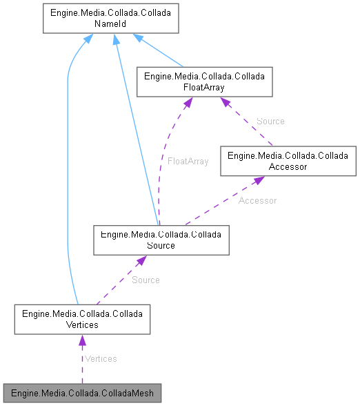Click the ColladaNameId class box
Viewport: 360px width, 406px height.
(111, 19)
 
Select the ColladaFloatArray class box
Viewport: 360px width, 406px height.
(205, 81)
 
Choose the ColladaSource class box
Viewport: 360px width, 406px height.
(161, 240)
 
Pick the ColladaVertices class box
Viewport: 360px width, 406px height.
(81, 318)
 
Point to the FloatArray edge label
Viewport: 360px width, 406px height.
(188, 161)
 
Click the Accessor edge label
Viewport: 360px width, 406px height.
(257, 201)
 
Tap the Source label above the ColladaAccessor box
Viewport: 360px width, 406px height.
(270, 121)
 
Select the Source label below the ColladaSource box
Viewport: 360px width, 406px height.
(146, 280)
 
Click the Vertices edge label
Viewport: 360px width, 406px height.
(100, 358)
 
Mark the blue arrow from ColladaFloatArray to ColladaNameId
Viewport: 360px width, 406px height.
(162, 52)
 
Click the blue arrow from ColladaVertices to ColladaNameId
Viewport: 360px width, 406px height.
(68, 173)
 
